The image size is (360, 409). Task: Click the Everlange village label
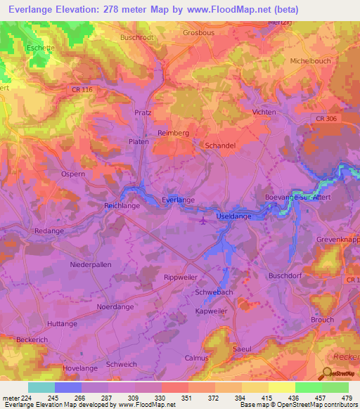point(177,200)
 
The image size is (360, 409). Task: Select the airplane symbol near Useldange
point(203,221)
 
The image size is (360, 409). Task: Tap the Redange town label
point(49,231)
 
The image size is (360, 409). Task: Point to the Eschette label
point(41,48)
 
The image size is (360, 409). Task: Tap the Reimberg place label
point(174,131)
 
